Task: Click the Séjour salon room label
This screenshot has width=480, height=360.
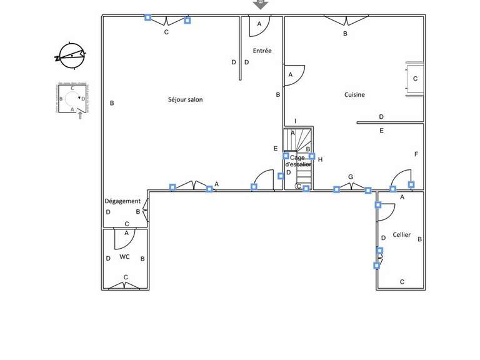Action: click(x=185, y=99)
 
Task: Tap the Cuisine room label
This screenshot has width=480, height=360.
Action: click(x=354, y=95)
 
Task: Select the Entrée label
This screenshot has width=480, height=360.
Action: click(x=262, y=51)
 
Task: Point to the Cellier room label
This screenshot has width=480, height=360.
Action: click(x=401, y=235)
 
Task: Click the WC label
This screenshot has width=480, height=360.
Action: click(x=124, y=257)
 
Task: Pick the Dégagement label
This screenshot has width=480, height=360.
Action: click(x=122, y=201)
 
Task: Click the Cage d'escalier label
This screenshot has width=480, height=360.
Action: click(x=297, y=161)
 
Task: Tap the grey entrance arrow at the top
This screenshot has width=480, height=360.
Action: click(x=260, y=4)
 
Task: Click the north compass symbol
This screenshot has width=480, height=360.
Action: click(x=69, y=55)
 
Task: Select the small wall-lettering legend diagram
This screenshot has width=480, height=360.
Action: click(x=73, y=99)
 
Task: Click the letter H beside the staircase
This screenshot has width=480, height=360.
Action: click(x=320, y=159)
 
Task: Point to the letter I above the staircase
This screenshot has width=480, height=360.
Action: click(x=295, y=121)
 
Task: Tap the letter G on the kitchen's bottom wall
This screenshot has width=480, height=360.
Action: click(x=351, y=177)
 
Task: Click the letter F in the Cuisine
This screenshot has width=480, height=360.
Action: click(x=416, y=154)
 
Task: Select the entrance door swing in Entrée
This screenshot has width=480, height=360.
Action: click(x=260, y=24)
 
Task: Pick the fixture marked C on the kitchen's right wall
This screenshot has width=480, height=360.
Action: click(x=414, y=78)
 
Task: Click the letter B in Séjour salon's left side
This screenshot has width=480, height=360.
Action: click(x=112, y=103)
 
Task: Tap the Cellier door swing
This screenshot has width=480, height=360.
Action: click(x=386, y=211)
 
